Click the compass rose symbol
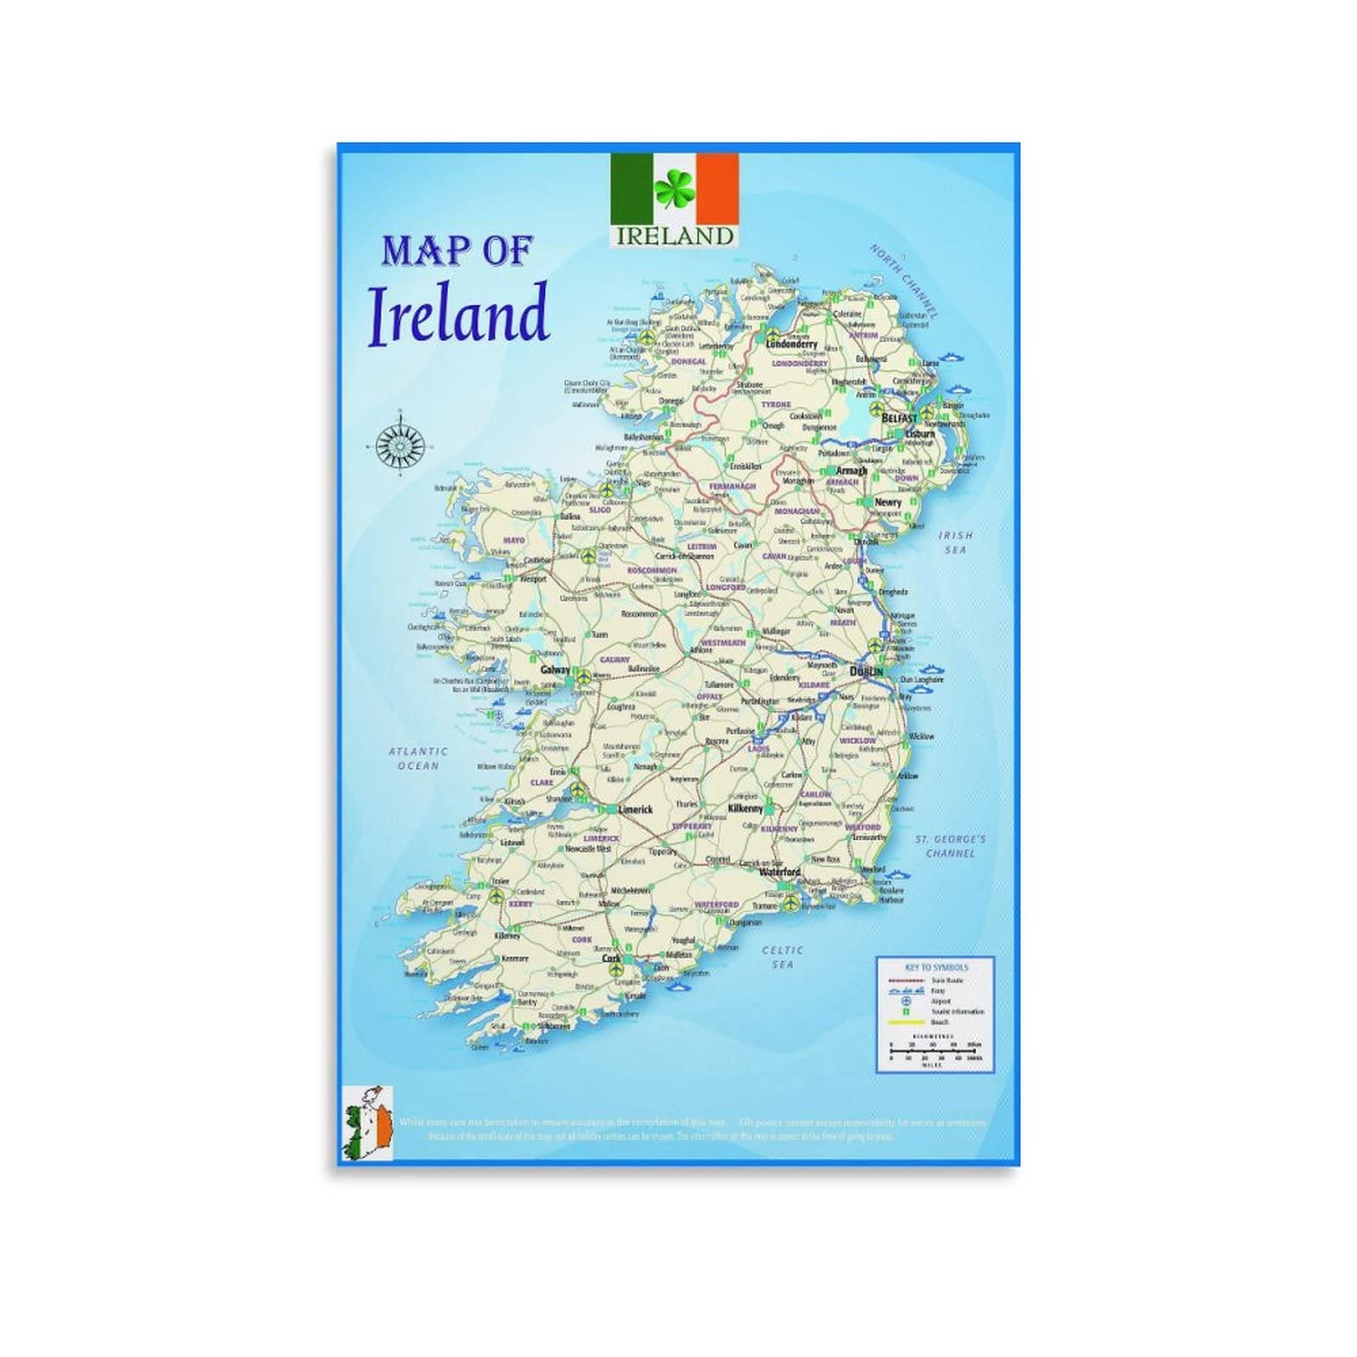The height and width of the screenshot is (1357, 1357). pyautogui.click(x=400, y=442)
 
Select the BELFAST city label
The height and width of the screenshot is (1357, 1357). pyautogui.click(x=900, y=419)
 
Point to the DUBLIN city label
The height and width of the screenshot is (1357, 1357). pyautogui.click(x=866, y=672)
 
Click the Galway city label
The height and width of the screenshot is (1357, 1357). pyautogui.click(x=556, y=670)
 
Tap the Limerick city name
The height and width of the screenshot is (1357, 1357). pyautogui.click(x=635, y=810)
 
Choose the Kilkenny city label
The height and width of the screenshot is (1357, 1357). pyautogui.click(x=746, y=809)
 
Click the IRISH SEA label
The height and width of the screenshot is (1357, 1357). pyautogui.click(x=956, y=543)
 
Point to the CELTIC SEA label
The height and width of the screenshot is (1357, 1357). pyautogui.click(x=782, y=958)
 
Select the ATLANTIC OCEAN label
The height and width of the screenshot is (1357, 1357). pyautogui.click(x=418, y=758)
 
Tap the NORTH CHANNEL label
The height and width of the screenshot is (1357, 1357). pyautogui.click(x=904, y=281)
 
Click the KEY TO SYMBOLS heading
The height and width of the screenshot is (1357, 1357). pyautogui.click(x=936, y=967)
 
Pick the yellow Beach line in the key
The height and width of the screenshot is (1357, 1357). pyautogui.click(x=904, y=1023)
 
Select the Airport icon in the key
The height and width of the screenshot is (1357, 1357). pyautogui.click(x=904, y=1002)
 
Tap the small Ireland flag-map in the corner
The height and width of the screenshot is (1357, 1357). pyautogui.click(x=367, y=1123)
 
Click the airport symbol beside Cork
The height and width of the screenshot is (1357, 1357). pyautogui.click(x=615, y=967)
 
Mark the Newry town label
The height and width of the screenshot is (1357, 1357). pyautogui.click(x=888, y=502)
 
